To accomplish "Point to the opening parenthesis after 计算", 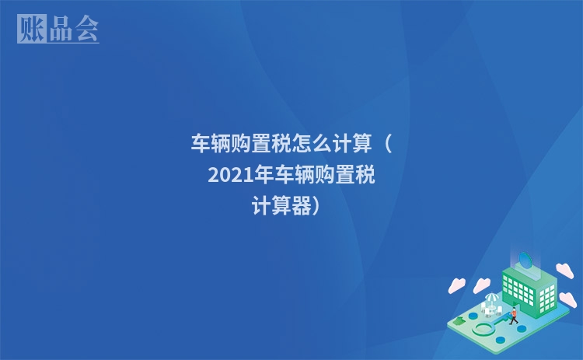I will pos(386,144).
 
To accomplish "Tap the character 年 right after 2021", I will pos(263,176).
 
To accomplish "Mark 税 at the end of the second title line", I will pos(365,176).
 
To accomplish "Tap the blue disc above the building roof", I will pos(525,260).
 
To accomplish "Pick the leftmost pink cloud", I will pos(456,285).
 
